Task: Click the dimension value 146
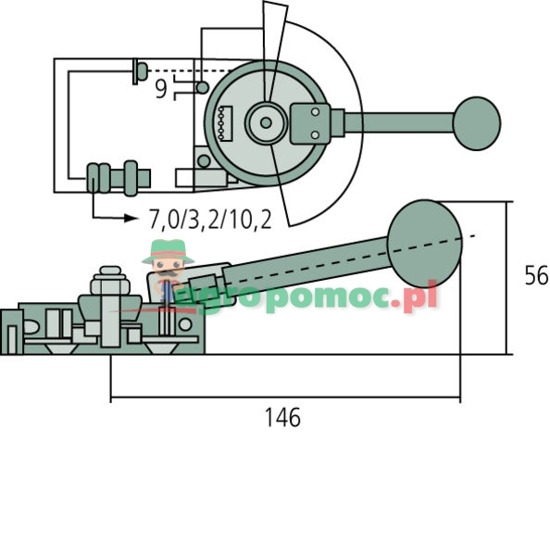coord(282,418)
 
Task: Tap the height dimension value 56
coord(535,275)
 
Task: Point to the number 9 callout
coord(161,90)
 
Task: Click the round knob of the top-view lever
coord(476,121)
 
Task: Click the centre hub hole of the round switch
coord(266,121)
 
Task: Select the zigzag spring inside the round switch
coord(220,123)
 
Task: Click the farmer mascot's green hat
coord(168,249)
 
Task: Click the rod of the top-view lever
coord(398,121)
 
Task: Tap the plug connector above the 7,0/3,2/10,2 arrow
coord(117,175)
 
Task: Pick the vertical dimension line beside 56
coord(508,278)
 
